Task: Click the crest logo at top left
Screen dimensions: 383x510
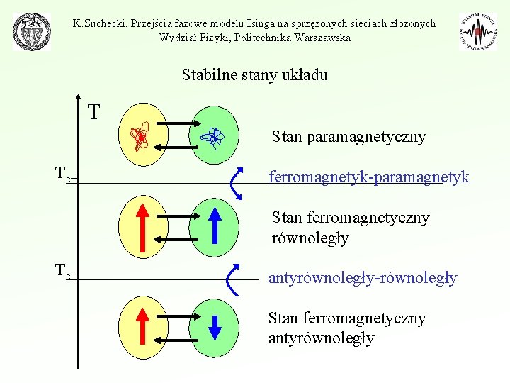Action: [33, 32]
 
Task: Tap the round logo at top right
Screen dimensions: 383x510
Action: [477, 32]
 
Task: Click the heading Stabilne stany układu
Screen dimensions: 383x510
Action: [254, 74]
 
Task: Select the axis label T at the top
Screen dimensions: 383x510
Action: [93, 112]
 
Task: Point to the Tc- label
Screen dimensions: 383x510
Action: [66, 272]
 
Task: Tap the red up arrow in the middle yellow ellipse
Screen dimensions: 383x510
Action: [142, 228]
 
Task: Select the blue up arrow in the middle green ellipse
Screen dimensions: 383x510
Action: [216, 228]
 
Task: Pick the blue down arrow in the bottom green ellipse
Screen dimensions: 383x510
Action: [216, 326]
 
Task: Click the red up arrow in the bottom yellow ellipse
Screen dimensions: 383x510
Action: [142, 326]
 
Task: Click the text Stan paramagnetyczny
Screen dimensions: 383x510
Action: [348, 137]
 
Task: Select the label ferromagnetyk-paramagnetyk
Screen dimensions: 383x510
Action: [368, 177]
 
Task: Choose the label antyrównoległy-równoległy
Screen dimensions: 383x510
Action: [363, 278]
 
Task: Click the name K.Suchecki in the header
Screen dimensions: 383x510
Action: [98, 23]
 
